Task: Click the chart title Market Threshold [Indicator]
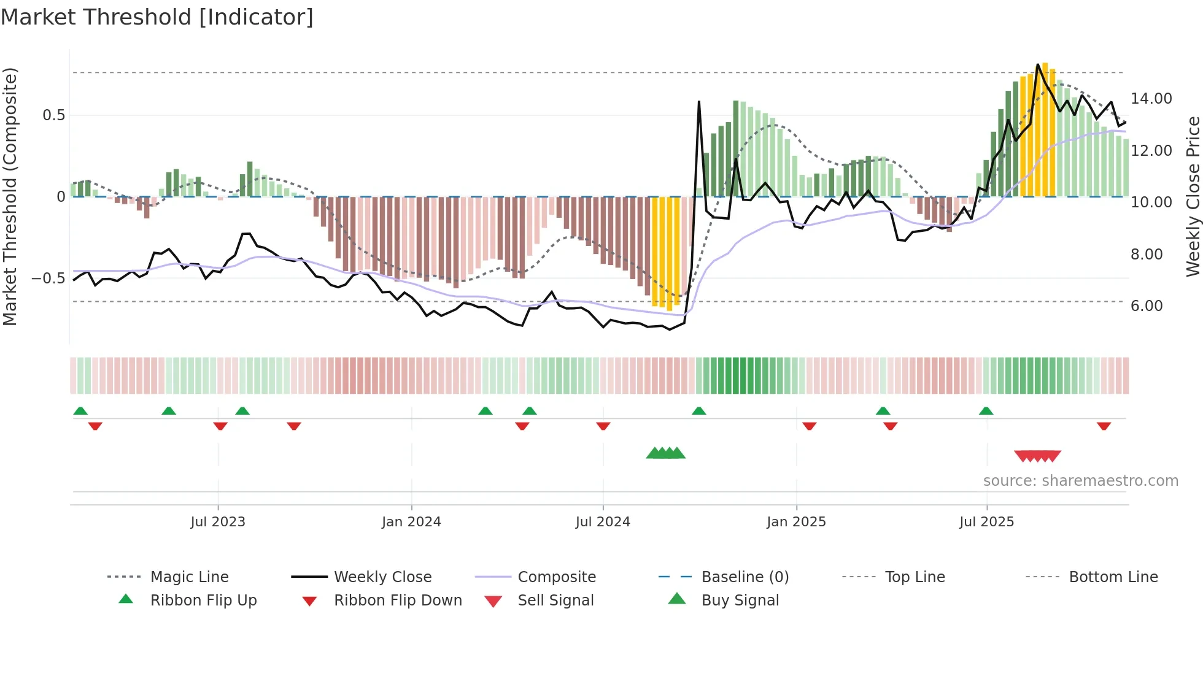(157, 17)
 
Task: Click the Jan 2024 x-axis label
(411, 522)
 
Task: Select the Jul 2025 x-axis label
(986, 522)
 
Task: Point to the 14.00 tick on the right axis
(1151, 99)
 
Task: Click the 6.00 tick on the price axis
(1146, 306)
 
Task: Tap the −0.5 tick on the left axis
(48, 278)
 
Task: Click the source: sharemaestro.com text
(1080, 481)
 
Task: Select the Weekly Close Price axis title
(1193, 196)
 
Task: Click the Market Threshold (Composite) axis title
(10, 196)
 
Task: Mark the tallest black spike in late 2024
(699, 102)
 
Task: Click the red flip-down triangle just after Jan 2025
(809, 426)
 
